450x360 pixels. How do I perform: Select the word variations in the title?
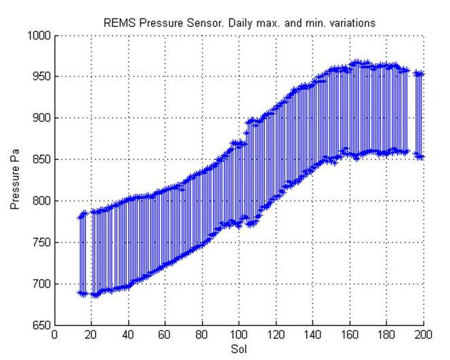pos(353,23)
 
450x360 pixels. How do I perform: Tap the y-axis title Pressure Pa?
pos(15,180)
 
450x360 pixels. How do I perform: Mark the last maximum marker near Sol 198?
pos(420,74)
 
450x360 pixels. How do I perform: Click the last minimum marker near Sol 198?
pos(420,157)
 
